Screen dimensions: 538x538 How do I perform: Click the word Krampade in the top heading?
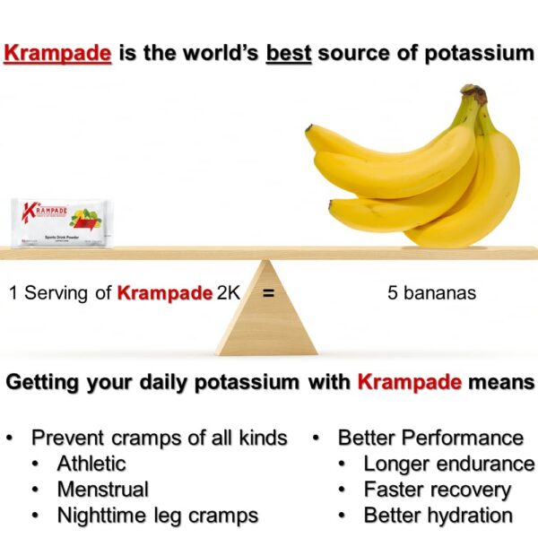point(57,53)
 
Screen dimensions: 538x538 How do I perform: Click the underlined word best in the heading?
point(289,53)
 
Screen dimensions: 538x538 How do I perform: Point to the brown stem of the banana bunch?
point(474,95)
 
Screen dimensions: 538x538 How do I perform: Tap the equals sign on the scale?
point(267,292)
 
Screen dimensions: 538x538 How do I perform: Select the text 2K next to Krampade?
point(229,292)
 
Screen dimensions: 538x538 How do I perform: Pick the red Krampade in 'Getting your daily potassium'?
point(410,383)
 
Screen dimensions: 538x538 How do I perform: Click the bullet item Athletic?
point(91,464)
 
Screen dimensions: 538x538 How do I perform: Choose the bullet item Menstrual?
point(103,490)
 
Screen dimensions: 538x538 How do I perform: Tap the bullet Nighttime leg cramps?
point(158,516)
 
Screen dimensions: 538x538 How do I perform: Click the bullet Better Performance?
point(430,438)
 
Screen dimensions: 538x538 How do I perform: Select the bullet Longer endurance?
point(448,464)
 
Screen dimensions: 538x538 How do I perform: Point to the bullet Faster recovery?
point(437,490)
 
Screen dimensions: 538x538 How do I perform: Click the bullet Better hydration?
point(438,516)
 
